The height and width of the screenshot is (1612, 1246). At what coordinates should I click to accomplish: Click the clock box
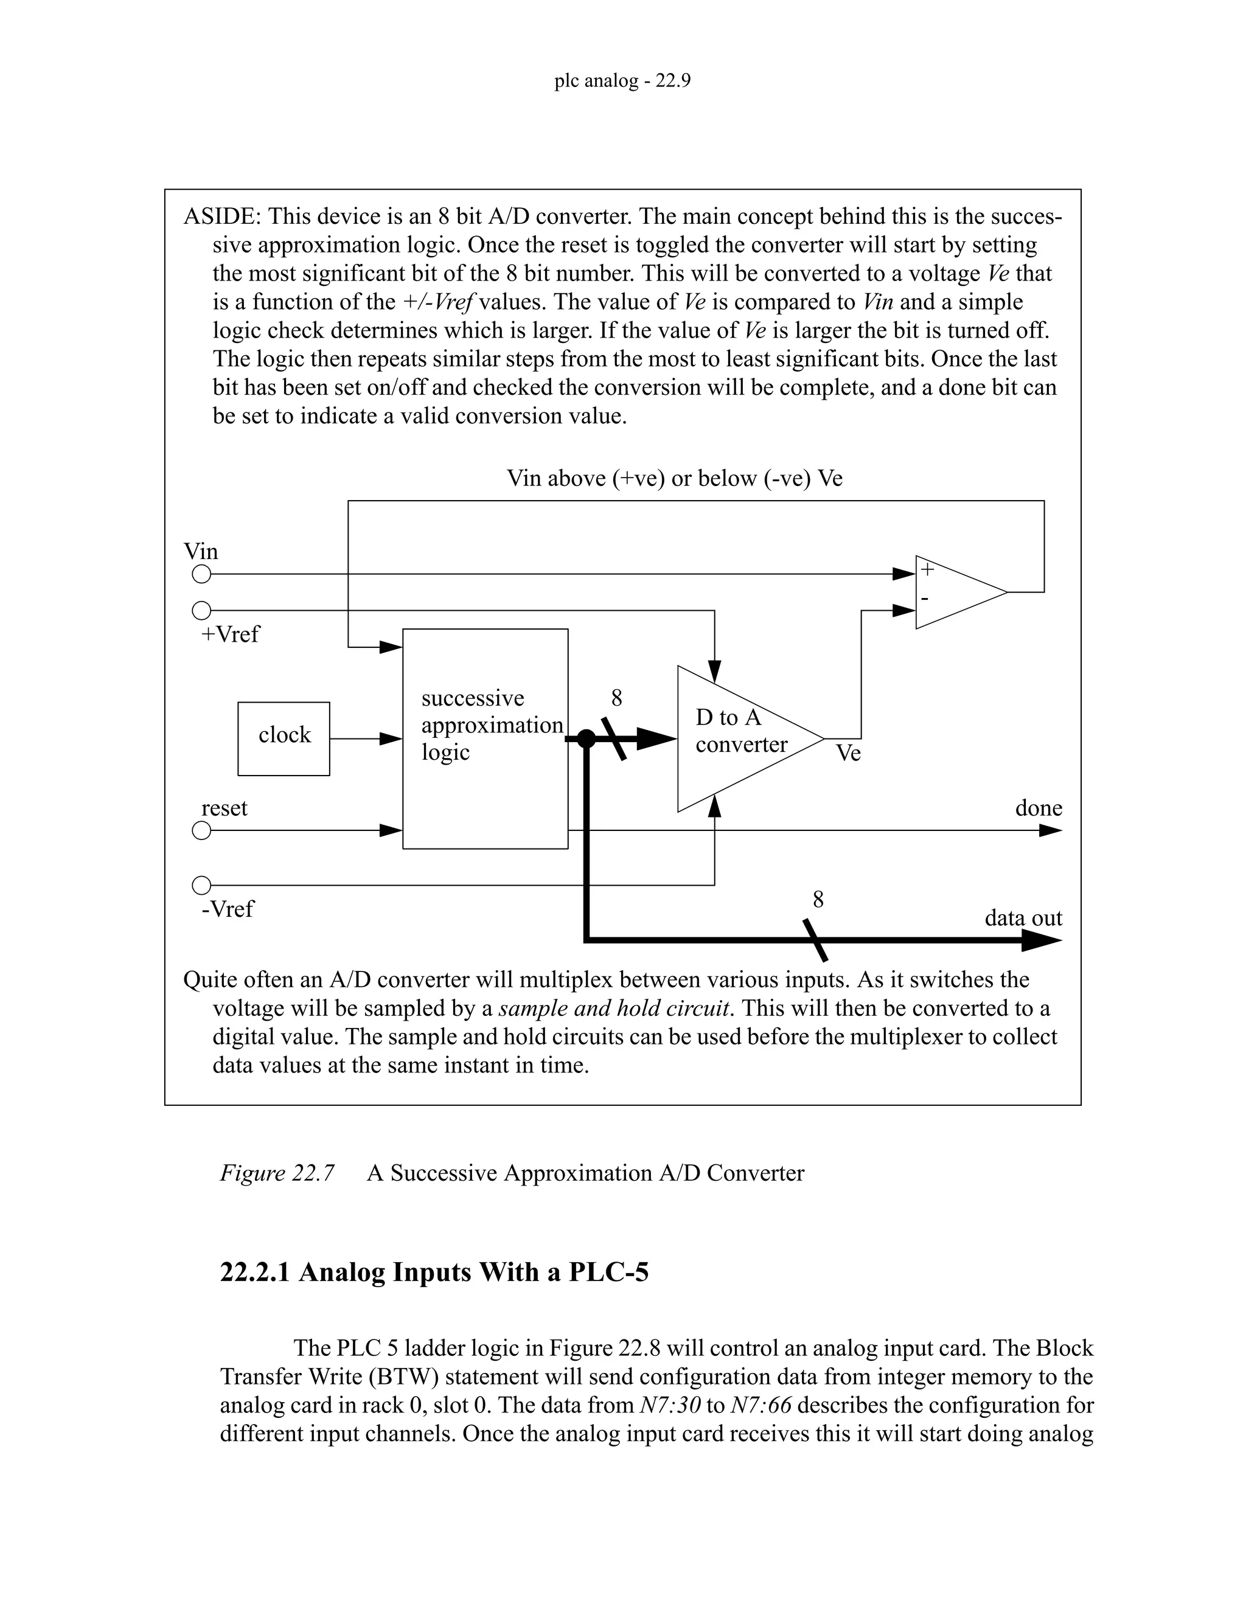(284, 738)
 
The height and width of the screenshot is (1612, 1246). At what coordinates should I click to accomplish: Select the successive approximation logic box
(485, 738)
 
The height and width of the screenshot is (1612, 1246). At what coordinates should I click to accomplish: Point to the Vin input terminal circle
(201, 574)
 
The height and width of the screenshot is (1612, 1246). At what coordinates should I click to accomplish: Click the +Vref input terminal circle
(201, 610)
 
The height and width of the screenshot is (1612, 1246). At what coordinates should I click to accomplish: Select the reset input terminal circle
(201, 830)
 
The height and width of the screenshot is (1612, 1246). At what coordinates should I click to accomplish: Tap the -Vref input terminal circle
(201, 885)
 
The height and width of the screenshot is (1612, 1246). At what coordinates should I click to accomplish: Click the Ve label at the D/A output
(848, 754)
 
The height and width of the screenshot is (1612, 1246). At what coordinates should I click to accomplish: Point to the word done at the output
(1038, 808)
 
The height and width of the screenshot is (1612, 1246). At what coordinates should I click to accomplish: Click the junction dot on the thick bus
(586, 738)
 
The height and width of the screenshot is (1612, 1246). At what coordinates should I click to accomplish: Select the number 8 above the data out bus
(818, 900)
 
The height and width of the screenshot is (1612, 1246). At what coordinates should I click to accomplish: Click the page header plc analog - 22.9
(622, 80)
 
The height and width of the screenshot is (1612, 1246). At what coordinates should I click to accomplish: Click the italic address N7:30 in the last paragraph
(669, 1405)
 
